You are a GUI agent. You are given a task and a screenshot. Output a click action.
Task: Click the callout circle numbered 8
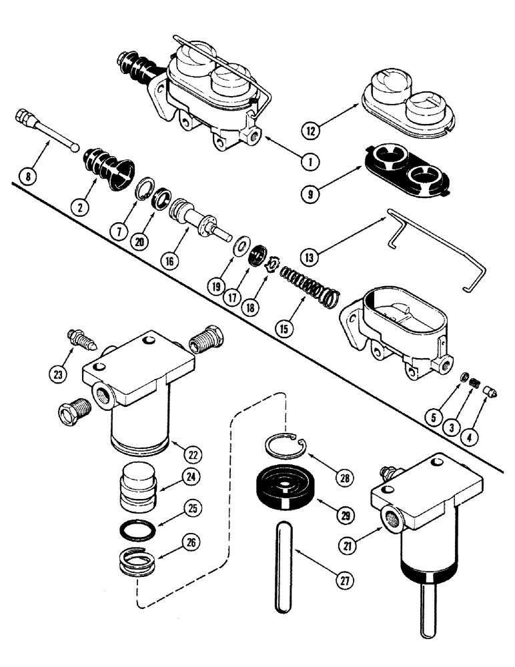28,177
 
